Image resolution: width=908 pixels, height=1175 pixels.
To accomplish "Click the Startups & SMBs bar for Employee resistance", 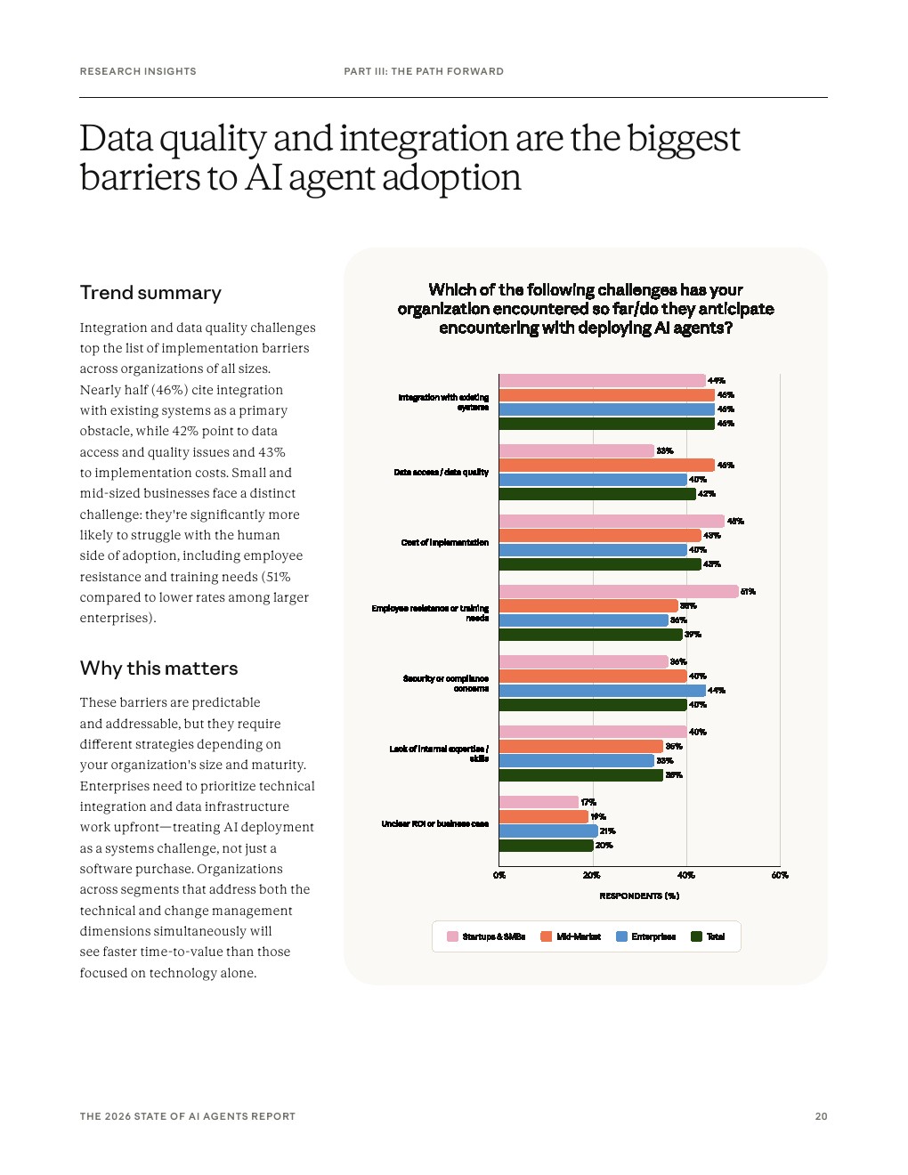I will tap(619, 592).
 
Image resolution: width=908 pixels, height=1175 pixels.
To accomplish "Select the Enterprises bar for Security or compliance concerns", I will tap(602, 691).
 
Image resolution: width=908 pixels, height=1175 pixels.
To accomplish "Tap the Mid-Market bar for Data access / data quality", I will tap(606, 466).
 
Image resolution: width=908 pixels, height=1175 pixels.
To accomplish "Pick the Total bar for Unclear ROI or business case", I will tap(546, 846).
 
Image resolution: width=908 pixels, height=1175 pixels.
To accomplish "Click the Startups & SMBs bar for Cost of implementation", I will tap(612, 522).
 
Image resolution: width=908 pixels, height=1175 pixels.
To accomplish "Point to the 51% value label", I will tap(748, 592).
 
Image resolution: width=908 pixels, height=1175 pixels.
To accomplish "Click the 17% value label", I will tap(588, 803).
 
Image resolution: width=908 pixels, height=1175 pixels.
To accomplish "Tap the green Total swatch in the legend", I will tap(697, 936).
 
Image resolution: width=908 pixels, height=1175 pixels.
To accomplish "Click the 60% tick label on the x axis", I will tap(780, 876).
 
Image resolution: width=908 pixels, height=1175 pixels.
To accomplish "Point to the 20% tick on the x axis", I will tap(592, 876).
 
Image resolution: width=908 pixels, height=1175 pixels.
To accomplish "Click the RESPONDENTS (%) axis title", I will tap(639, 896).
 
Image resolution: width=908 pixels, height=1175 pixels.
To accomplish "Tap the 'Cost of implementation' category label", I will tap(444, 543).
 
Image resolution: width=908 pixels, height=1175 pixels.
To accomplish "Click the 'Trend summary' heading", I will tap(150, 293).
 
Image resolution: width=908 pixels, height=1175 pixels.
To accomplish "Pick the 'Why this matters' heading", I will tap(158, 669).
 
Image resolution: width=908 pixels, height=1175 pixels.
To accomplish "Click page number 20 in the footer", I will tap(821, 1116).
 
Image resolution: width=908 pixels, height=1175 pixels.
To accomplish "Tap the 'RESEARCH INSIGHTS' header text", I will tap(138, 71).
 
